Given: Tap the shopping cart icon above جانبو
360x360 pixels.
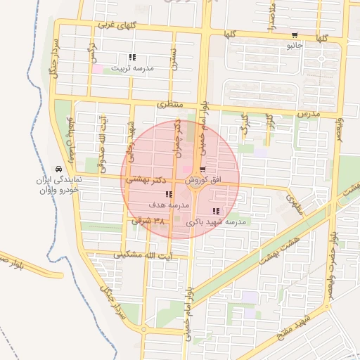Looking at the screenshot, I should point(294,36).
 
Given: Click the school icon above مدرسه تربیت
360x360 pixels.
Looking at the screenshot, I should point(133,58).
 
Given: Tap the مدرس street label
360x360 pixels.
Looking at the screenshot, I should point(307,113).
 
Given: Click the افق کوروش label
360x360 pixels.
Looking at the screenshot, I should point(204,180).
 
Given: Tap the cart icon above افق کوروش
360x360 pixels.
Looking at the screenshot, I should point(202,169).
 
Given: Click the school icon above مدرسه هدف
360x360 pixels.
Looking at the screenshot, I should point(168,194).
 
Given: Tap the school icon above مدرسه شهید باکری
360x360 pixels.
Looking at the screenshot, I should point(215,211).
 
